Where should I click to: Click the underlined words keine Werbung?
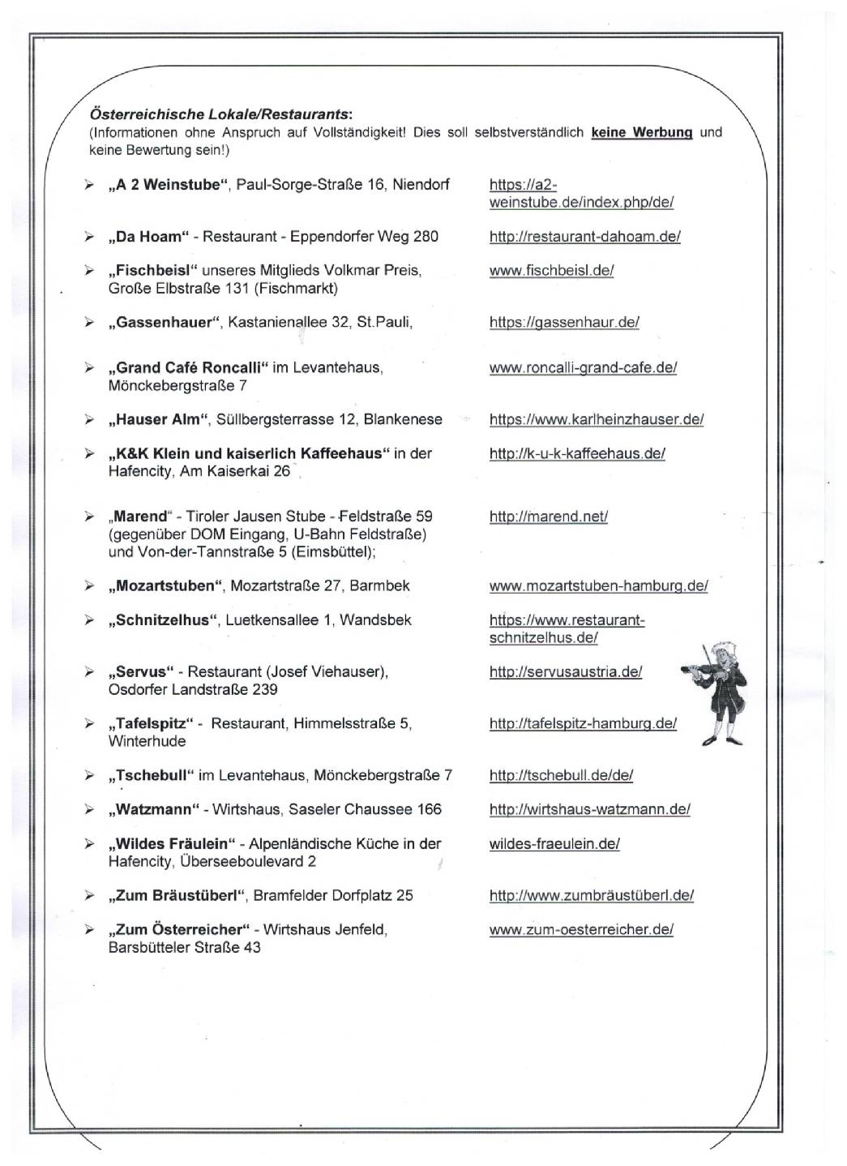pos(641,132)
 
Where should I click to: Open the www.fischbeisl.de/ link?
pos(551,271)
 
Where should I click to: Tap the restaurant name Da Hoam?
pos(148,237)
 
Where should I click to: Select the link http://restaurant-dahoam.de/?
pos(584,237)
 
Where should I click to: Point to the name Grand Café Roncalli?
pos(188,367)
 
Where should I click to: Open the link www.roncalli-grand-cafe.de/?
pos(583,367)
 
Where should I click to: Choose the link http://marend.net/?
pos(548,517)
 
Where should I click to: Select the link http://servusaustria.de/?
pos(565,672)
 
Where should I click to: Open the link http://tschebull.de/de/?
pos(561,775)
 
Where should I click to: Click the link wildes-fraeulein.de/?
pos(554,843)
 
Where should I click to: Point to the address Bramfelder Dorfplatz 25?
pos(333,895)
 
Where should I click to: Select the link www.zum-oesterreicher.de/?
pos(581,929)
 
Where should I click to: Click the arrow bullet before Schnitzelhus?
pos(89,620)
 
